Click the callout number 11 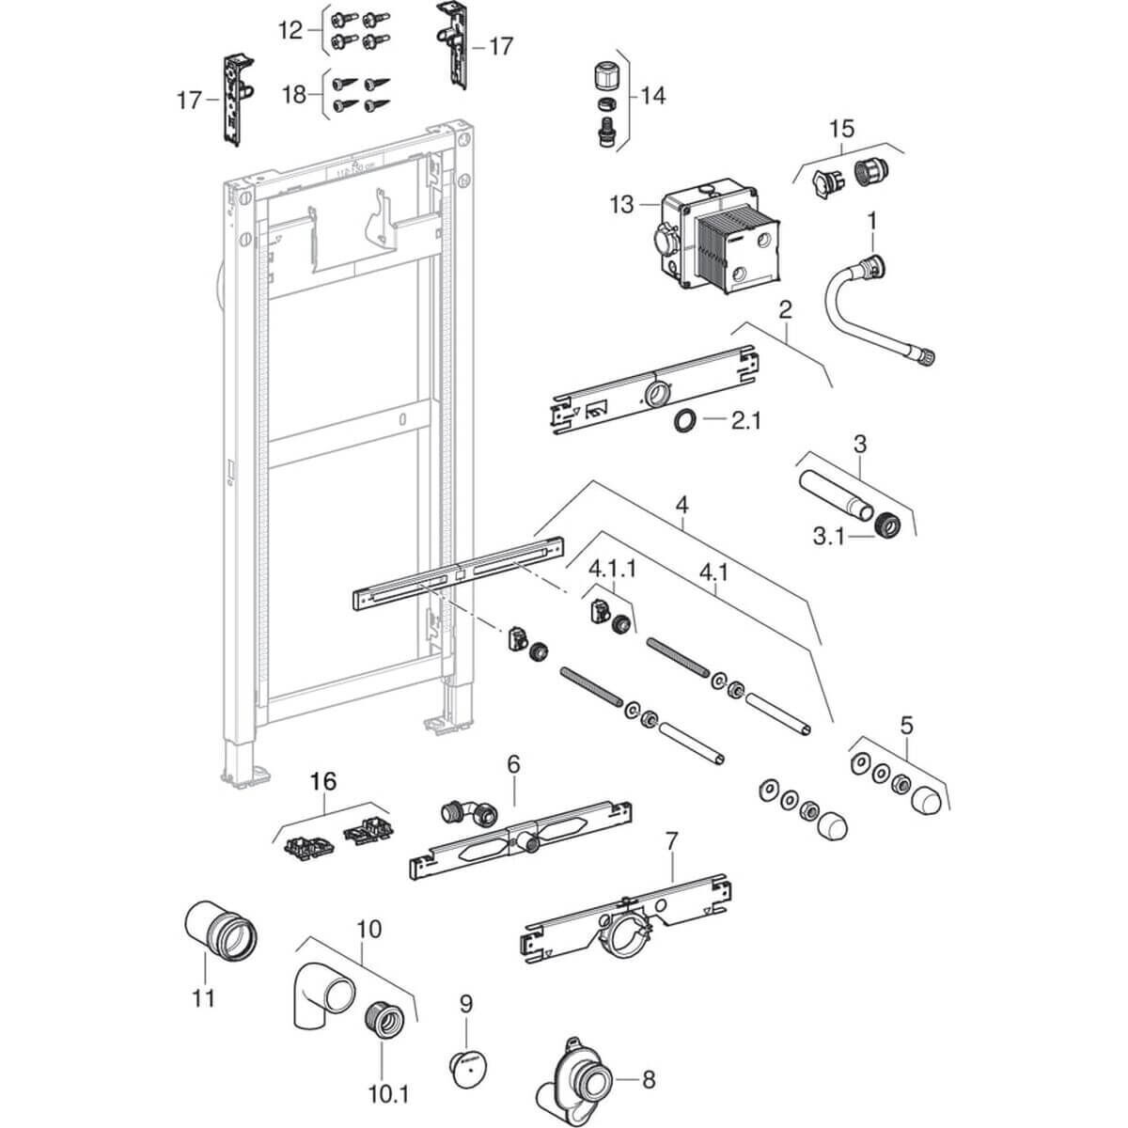[204, 996]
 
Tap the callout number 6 [513, 764]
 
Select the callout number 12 [291, 31]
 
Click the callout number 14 [652, 95]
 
